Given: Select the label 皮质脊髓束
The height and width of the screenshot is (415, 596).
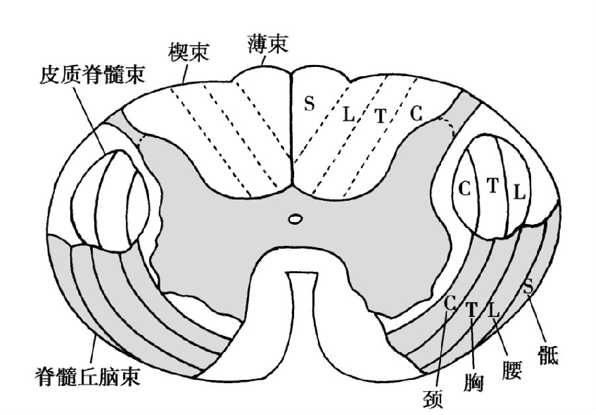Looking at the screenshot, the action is (92, 74).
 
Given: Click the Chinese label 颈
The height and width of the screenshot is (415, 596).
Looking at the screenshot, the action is (433, 398).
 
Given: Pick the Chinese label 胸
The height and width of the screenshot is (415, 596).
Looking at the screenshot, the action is (473, 383).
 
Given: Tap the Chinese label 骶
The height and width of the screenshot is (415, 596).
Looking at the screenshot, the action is (548, 355).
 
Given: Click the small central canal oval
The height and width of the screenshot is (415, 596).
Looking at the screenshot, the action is (295, 219).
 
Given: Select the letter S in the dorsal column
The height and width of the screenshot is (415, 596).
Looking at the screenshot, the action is (310, 103).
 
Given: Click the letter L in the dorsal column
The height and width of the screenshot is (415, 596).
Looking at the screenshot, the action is (348, 114).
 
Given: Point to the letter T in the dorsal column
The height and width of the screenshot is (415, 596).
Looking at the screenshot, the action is (381, 116).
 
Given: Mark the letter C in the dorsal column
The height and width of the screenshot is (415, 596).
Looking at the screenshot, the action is (417, 113).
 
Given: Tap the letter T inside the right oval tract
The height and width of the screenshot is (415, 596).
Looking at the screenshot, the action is (493, 186).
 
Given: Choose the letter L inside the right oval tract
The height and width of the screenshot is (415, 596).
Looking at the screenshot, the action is (519, 192).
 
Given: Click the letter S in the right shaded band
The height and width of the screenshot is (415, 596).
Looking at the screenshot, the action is (528, 286).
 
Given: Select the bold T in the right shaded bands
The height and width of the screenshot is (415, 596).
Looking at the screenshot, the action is (472, 310).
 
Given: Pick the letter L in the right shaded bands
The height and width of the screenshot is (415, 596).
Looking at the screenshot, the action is (493, 310).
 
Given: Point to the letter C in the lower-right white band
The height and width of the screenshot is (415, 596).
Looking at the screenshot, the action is (450, 303).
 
